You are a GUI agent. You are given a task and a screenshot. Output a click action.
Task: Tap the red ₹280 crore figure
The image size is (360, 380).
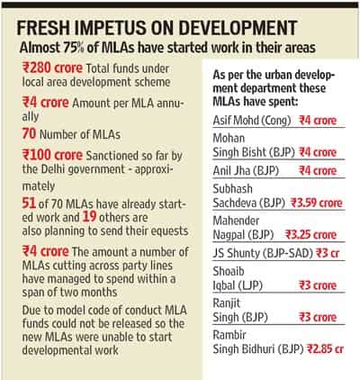tap(52, 68)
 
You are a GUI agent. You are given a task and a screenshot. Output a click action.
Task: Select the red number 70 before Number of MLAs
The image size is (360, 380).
tap(29, 133)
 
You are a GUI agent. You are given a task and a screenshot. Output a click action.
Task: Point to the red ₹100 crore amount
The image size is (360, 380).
tap(52, 155)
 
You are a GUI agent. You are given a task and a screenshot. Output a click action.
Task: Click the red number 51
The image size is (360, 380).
tap(29, 204)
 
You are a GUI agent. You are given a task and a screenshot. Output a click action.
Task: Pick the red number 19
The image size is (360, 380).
tap(89, 217)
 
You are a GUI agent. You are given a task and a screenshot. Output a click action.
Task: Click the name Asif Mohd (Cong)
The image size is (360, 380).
tap(252, 121)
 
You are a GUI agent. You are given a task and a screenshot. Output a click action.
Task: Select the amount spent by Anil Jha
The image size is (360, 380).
tap(318, 171)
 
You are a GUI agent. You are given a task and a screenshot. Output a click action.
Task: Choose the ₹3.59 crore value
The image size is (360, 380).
tap(317, 204)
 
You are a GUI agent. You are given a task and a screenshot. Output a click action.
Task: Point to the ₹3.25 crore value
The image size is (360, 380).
tap(310, 235)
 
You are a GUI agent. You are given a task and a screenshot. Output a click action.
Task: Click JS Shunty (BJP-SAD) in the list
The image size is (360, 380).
tap(263, 253)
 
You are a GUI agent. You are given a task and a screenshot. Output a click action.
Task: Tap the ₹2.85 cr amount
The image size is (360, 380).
tap(325, 348)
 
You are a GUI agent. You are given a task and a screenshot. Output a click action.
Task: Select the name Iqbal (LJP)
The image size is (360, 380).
tap(238, 285)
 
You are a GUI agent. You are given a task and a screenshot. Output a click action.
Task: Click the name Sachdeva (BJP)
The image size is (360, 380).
tap(249, 204)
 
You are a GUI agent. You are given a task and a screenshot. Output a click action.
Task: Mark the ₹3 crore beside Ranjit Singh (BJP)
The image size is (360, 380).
tap(318, 317)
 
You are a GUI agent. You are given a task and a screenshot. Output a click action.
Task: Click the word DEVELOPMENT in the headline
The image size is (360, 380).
tap(238, 28)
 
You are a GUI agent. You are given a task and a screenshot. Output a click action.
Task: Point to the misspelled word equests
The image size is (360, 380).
tap(170, 231)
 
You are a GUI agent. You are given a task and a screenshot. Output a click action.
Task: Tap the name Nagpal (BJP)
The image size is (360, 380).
tap(243, 235)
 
